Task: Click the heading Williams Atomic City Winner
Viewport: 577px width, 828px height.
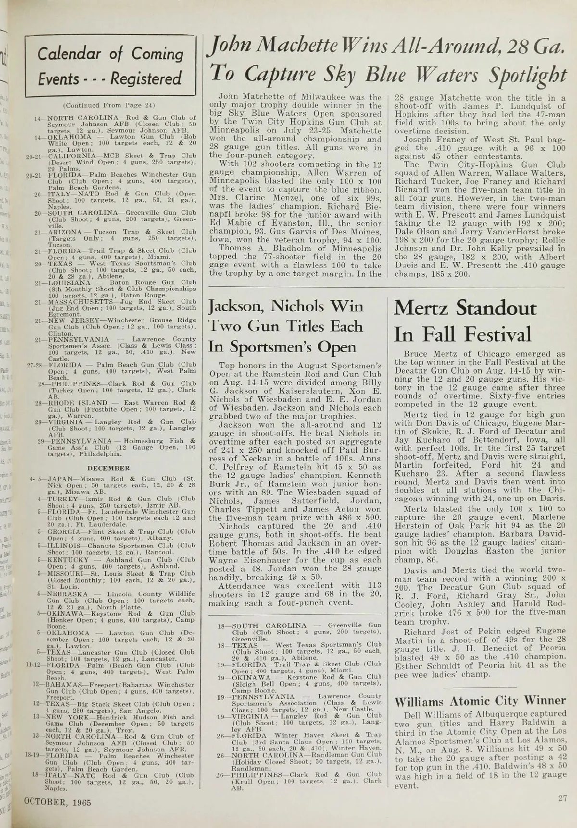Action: (479, 702)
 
